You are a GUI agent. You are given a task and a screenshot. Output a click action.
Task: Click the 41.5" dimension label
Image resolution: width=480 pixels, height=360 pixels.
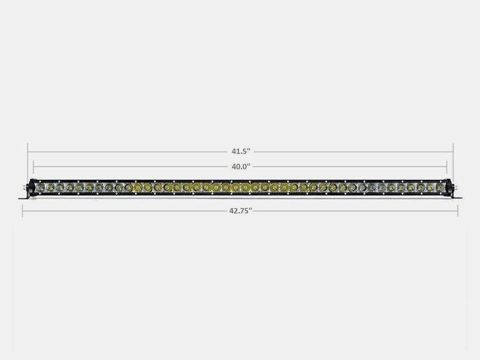coord(240,152)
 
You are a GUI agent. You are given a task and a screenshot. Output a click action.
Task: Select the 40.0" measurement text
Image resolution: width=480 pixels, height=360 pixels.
coord(240,166)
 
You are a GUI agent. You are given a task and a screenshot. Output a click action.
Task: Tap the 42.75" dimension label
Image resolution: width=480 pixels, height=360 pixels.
coord(240,211)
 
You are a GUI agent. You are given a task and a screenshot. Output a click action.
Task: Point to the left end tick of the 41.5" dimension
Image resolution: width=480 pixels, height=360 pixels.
coord(28,152)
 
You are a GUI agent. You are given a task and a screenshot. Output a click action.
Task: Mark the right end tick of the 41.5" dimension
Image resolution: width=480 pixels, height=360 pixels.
coord(453,152)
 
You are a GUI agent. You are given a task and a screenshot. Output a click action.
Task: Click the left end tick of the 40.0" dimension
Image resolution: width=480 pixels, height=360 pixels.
coord(33,166)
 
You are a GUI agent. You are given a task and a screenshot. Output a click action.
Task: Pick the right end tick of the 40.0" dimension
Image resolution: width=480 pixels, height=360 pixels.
coord(447,166)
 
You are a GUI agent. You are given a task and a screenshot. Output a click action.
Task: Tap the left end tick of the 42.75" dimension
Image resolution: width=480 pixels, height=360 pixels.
coord(23,211)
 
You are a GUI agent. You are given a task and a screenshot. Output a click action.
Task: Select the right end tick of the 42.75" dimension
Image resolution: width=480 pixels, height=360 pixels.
coord(458,211)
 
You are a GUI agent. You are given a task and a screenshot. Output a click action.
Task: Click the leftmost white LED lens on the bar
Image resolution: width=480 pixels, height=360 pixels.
coord(40,188)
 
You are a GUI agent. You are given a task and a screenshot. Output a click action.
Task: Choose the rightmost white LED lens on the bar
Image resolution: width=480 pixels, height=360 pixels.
coord(440,188)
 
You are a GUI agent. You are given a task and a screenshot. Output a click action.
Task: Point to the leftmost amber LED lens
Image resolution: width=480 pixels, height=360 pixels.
coord(138,188)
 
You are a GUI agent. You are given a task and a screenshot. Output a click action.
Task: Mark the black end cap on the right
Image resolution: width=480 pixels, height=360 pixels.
coord(449,188)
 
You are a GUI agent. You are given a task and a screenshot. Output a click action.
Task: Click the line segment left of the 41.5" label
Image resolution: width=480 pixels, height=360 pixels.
coord(127,152)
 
